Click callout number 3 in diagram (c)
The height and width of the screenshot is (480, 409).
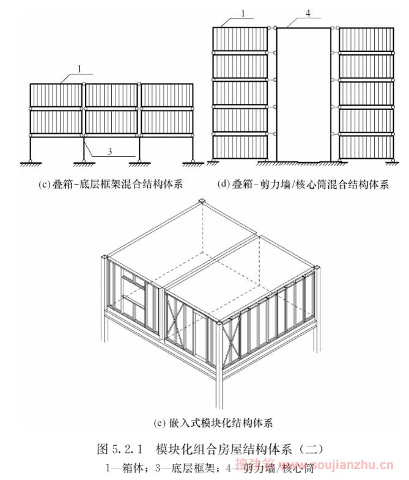(109, 152)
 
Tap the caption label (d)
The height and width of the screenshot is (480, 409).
(224, 183)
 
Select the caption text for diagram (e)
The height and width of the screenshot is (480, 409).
(205, 422)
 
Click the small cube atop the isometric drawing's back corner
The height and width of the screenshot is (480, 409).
(202, 202)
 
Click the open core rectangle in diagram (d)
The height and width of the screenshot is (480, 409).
(304, 95)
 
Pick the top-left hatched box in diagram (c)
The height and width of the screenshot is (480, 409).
(56, 96)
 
